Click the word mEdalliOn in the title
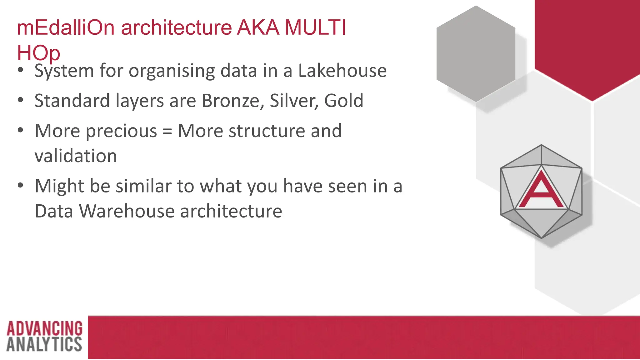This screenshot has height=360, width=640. click(x=66, y=27)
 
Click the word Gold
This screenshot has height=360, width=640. click(x=343, y=101)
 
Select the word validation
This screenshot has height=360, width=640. click(x=76, y=156)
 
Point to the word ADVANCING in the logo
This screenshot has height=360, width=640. click(x=44, y=329)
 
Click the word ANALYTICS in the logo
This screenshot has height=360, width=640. click(x=44, y=344)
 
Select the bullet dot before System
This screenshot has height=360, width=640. click(x=21, y=70)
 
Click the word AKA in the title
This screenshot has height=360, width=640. click(x=258, y=27)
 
